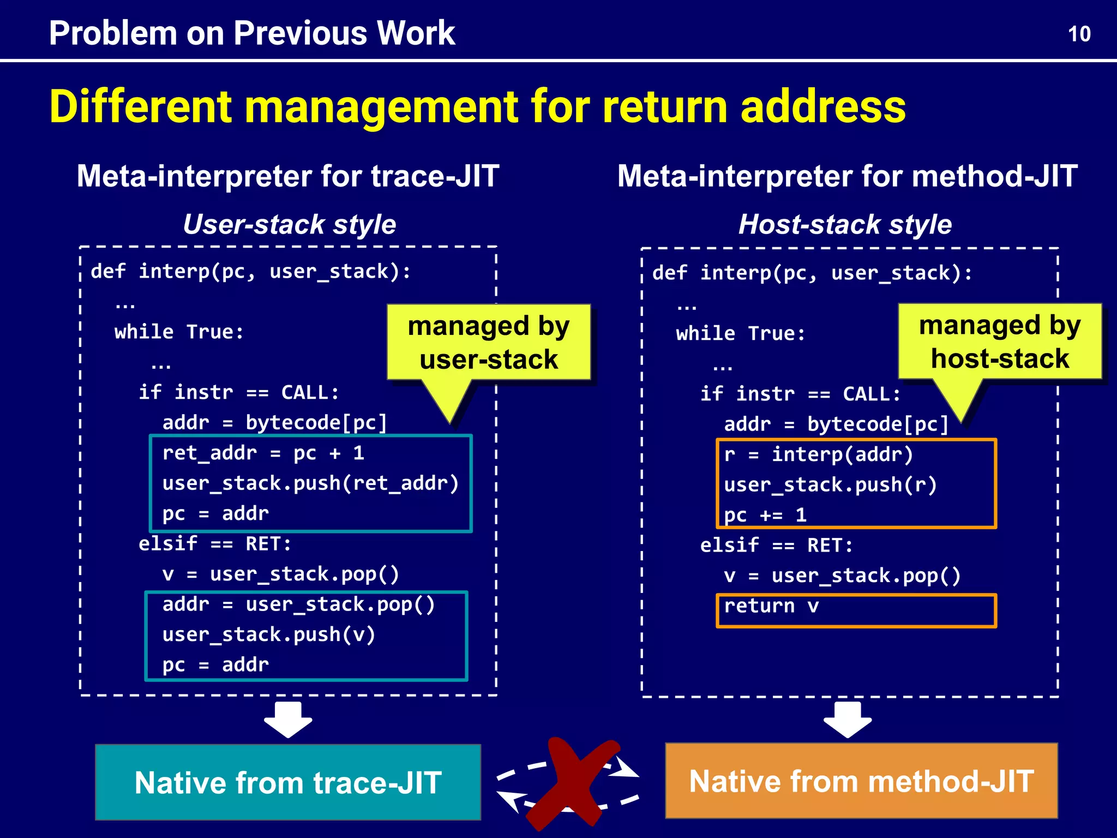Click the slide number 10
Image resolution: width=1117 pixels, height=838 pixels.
[1079, 34]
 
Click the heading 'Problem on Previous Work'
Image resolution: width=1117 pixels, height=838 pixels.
[251, 33]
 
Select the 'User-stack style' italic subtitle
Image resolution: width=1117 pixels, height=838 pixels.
[289, 224]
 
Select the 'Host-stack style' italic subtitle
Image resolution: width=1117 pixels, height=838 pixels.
[845, 224]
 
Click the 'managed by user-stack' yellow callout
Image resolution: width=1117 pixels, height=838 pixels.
[488, 343]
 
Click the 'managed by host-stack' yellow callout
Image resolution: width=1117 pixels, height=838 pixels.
[999, 342]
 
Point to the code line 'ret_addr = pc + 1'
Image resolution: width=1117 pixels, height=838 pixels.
[263, 453]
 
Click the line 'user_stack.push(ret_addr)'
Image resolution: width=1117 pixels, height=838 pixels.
[310, 483]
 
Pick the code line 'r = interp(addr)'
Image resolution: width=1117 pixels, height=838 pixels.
[818, 454]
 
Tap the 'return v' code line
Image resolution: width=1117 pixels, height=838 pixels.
[771, 606]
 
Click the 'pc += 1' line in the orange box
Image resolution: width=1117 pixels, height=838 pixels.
[765, 515]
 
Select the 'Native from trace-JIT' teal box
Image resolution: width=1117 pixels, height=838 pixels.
[288, 782]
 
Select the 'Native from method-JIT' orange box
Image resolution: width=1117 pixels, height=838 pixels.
[861, 781]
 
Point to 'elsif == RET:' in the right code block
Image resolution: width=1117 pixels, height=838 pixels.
[776, 545]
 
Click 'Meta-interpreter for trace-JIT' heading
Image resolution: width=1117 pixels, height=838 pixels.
[288, 176]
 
